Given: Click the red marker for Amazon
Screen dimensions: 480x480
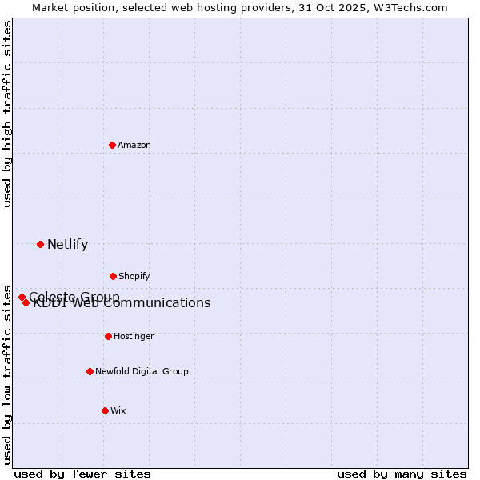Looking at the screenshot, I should click(112, 145).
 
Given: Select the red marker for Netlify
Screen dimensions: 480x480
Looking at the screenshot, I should click(40, 244).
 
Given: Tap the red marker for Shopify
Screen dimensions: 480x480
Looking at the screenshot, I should click(113, 276).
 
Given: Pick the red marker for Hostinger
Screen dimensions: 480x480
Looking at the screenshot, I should click(108, 336).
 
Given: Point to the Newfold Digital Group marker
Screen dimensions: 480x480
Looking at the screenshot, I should click(90, 371).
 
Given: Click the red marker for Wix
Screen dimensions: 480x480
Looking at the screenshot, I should click(105, 410).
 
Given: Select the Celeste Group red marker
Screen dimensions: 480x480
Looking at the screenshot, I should click(22, 297).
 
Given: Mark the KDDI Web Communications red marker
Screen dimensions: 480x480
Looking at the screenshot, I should click(26, 302).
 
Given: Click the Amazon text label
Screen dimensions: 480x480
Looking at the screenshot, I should click(134, 145).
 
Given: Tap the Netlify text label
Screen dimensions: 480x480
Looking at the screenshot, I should click(67, 244).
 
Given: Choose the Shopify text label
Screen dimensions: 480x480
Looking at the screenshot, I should click(134, 276).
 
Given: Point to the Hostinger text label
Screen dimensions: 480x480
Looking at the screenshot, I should click(134, 336).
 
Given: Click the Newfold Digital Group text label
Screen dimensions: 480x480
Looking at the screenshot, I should click(142, 371).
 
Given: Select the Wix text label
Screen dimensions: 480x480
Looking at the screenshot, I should click(118, 410).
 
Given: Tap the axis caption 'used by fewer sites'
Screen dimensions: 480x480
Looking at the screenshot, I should click(82, 474).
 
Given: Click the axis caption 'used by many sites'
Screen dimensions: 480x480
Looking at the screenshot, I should click(402, 474).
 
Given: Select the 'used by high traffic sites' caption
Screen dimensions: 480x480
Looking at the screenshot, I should click(7, 114).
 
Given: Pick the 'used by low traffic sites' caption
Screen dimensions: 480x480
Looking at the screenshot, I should click(7, 374).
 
